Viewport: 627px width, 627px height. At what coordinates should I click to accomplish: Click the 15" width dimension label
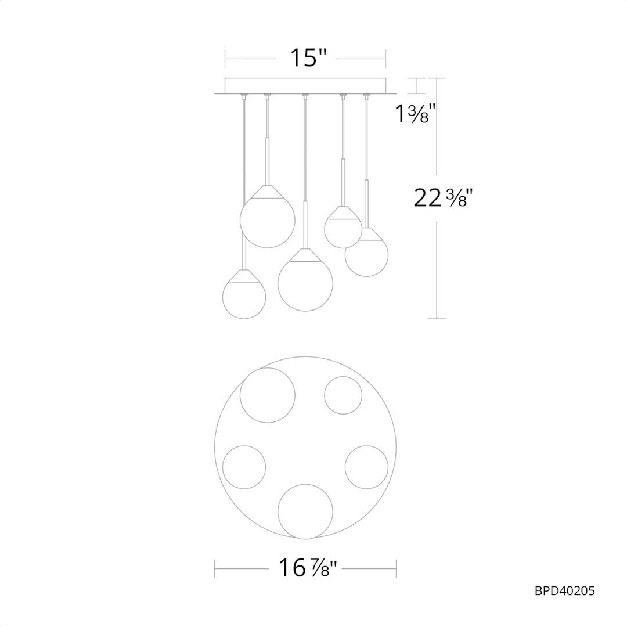308,58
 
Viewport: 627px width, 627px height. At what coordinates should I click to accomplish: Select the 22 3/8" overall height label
443,197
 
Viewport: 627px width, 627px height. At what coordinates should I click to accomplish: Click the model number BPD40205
565,590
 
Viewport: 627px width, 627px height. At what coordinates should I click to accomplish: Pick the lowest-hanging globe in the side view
244,297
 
